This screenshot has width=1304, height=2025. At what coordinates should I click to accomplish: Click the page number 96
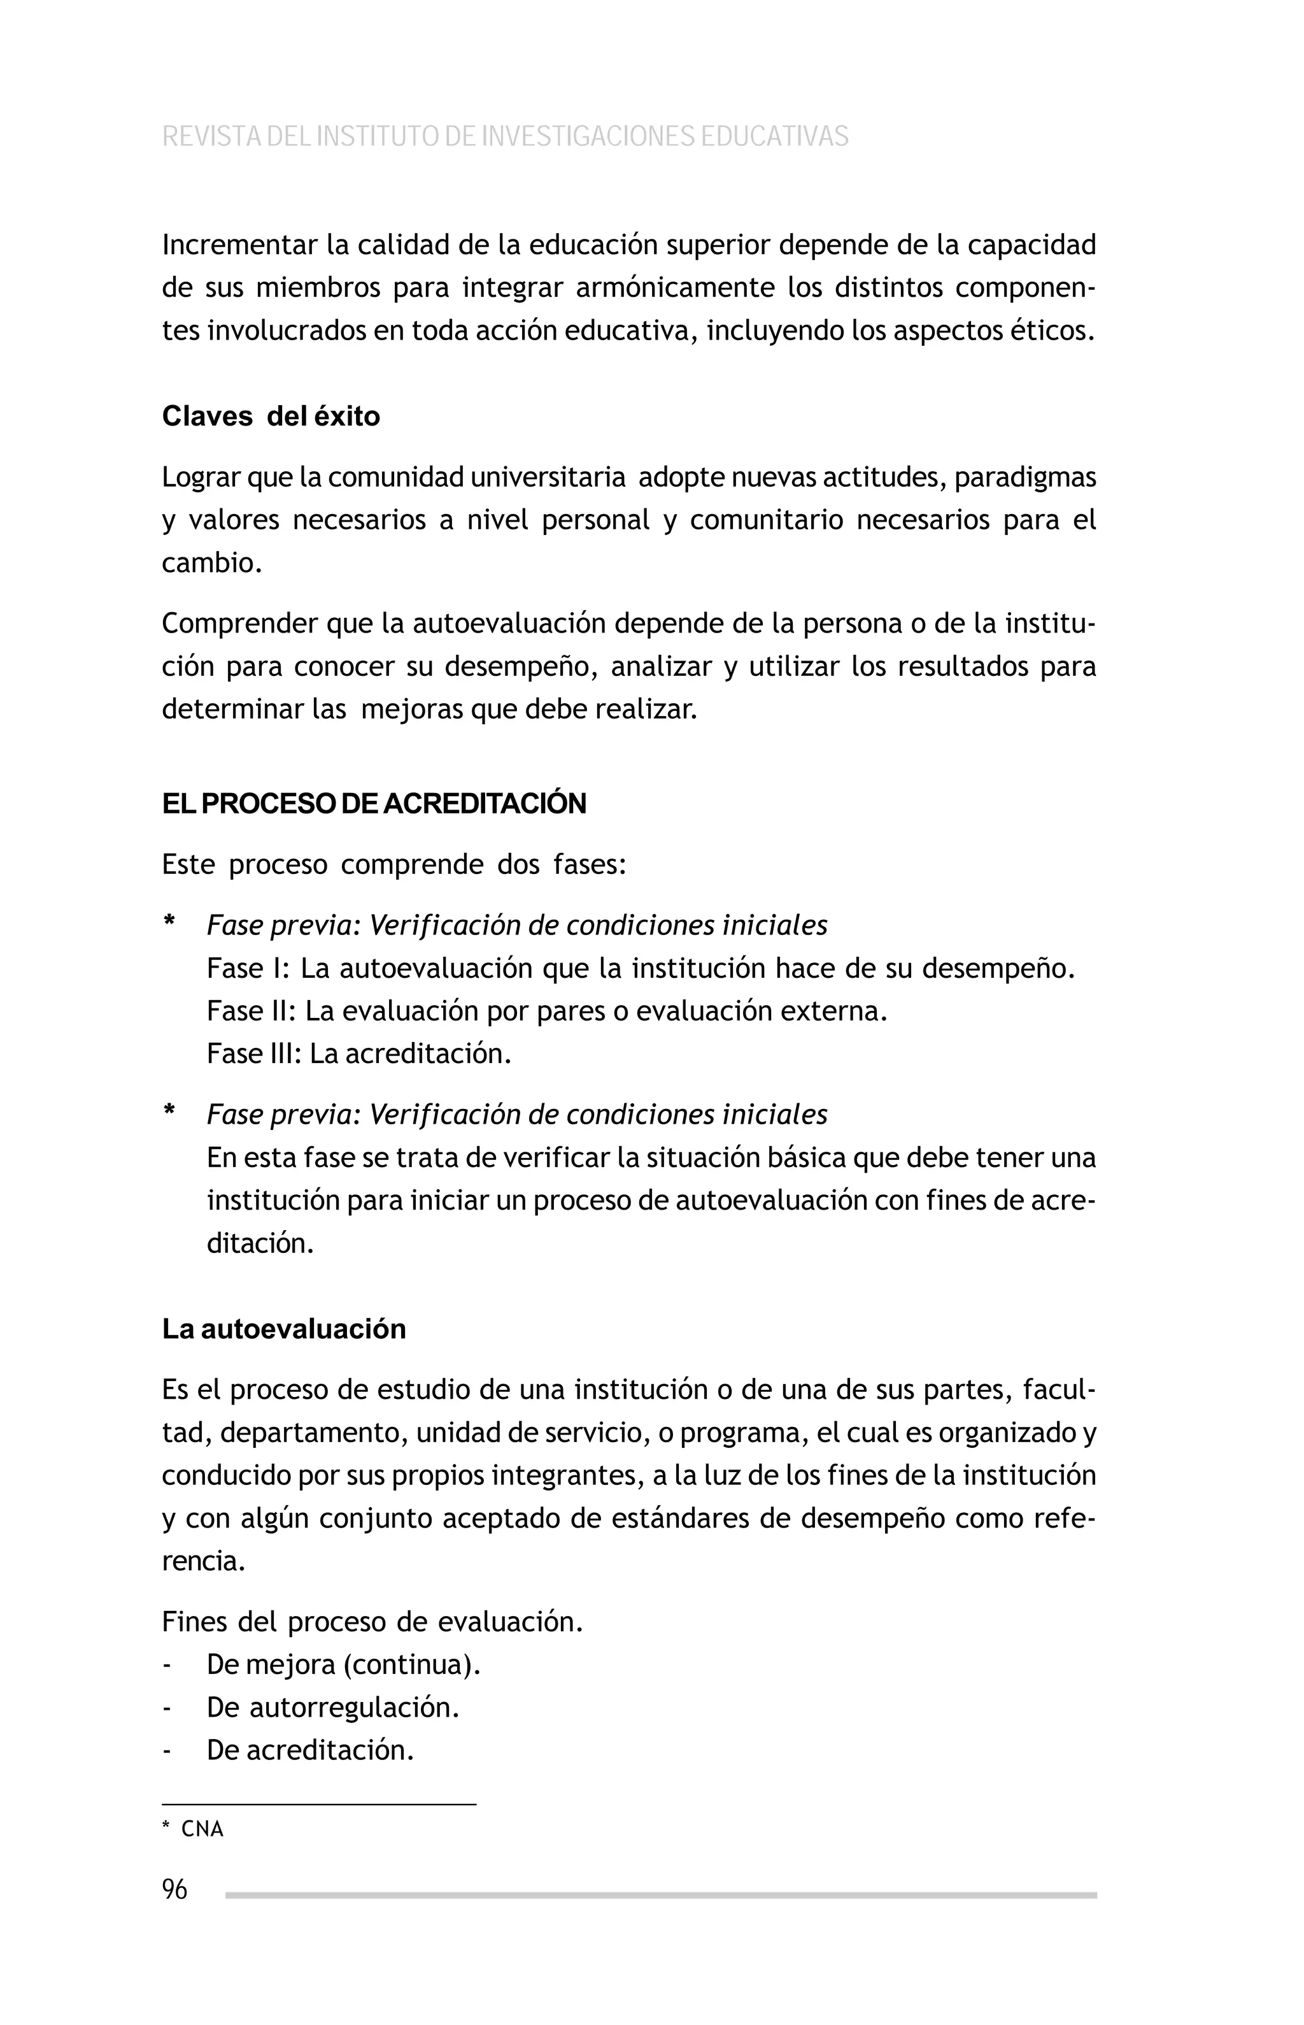(174, 1889)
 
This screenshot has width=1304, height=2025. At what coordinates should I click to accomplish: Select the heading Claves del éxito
(271, 417)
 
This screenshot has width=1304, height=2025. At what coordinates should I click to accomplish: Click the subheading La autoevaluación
(284, 1329)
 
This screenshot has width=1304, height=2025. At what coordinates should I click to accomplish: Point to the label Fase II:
(251, 1012)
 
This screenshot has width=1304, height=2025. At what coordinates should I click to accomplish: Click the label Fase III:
(254, 1054)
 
